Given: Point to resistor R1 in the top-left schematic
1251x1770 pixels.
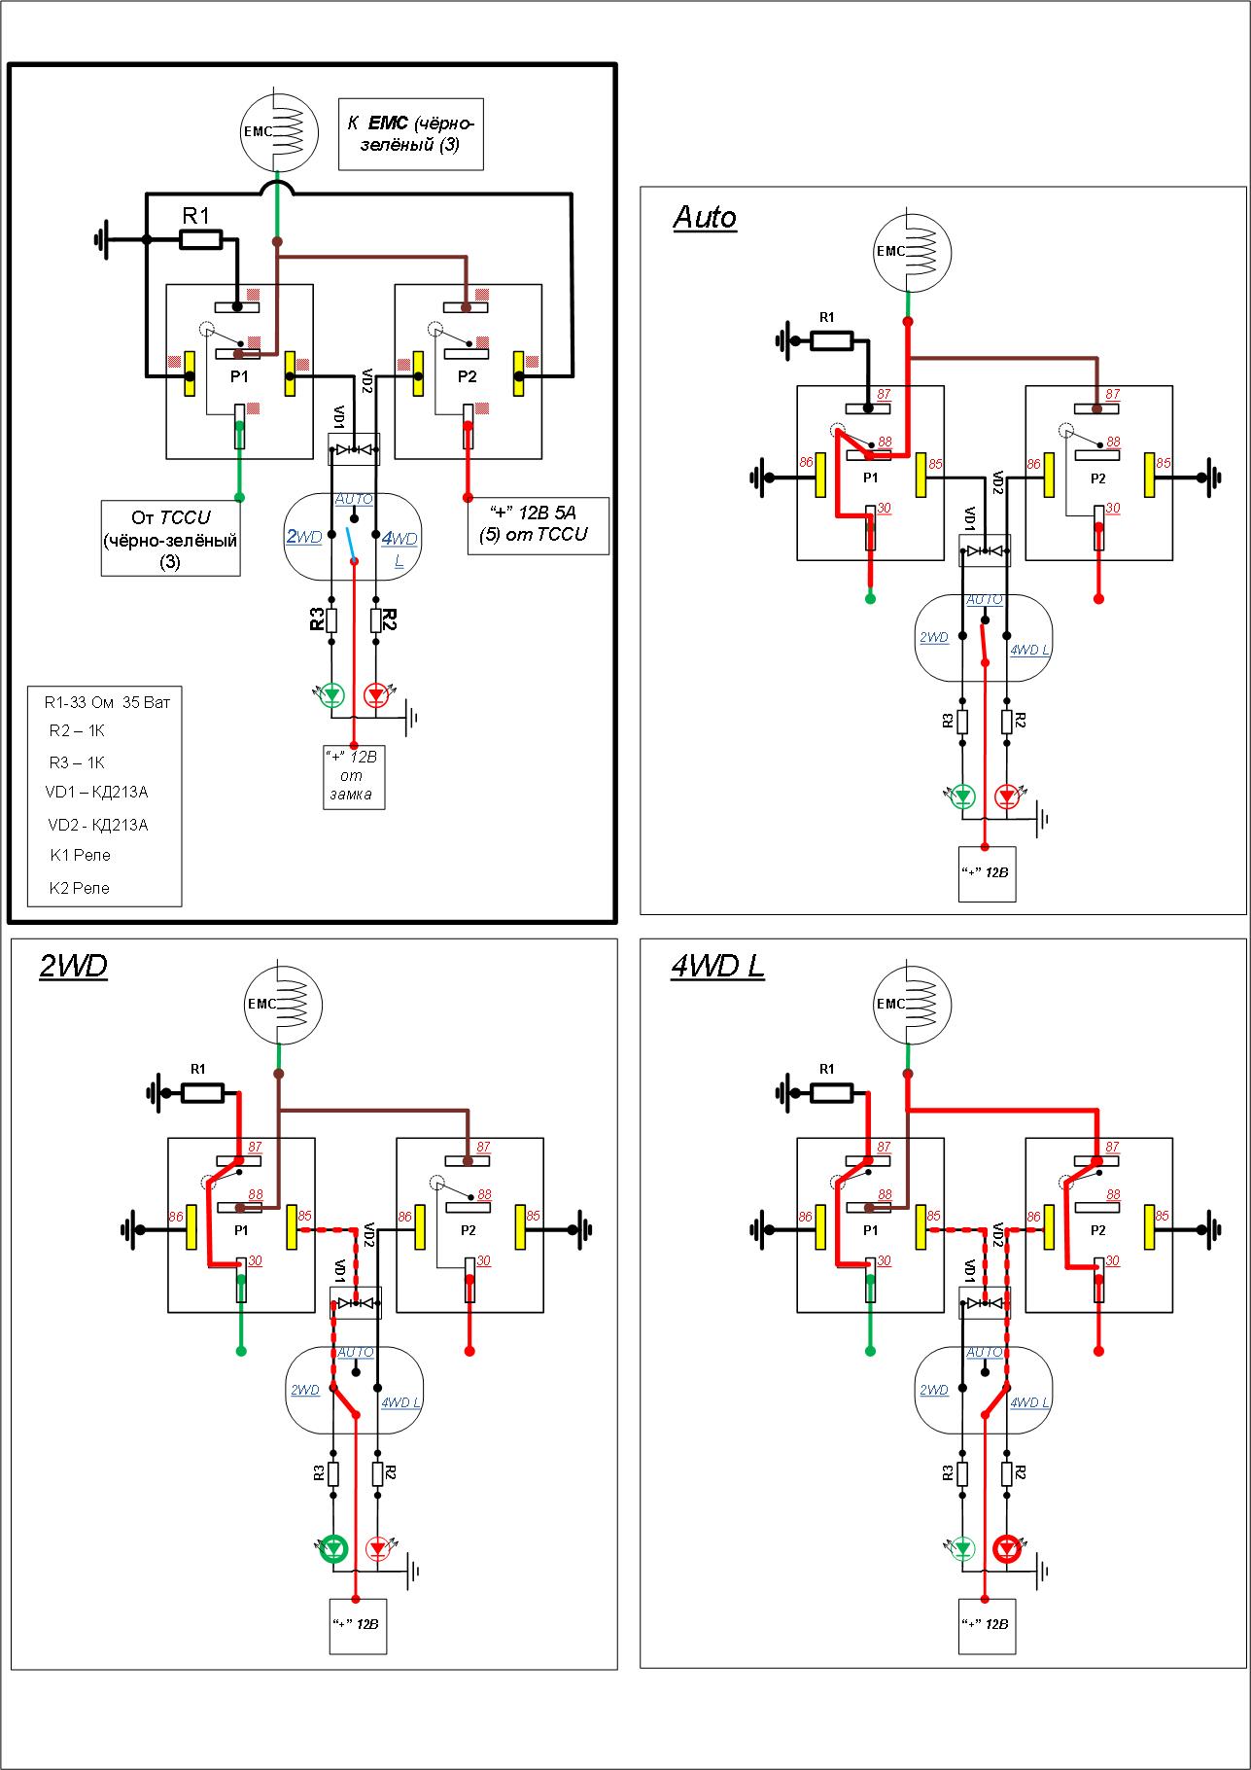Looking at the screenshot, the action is click(x=201, y=239).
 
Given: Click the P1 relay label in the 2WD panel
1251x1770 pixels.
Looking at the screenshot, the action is click(x=241, y=1229).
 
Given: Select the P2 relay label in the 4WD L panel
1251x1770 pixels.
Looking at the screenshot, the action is click(x=1097, y=1229).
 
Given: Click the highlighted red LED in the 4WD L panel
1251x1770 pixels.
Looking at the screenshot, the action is click(x=1008, y=1548).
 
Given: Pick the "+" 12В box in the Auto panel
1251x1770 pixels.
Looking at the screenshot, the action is click(x=986, y=872).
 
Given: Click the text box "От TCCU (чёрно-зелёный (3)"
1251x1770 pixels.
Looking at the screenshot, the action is click(x=170, y=539).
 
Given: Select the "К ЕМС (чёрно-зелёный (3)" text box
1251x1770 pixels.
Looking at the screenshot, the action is click(x=410, y=134).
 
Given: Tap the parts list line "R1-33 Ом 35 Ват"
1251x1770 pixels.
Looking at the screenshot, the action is click(x=107, y=701).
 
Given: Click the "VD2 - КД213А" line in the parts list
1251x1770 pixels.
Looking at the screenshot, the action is click(x=98, y=825).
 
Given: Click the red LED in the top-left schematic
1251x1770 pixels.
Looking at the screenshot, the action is click(x=377, y=695).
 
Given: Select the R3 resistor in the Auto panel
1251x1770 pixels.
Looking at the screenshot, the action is click(x=962, y=722).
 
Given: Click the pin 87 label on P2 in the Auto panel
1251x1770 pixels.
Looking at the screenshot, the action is click(x=1112, y=394).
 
